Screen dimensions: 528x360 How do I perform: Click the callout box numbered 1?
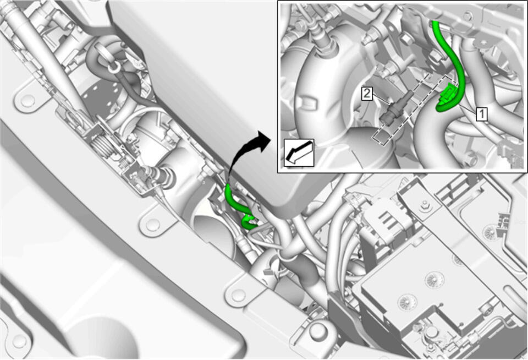click(482, 114)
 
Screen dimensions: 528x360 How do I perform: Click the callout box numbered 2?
click(367, 94)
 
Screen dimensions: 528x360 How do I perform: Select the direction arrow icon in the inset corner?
click(299, 152)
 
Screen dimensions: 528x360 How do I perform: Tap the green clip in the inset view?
click(448, 94)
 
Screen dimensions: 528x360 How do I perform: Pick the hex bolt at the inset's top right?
click(468, 15)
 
